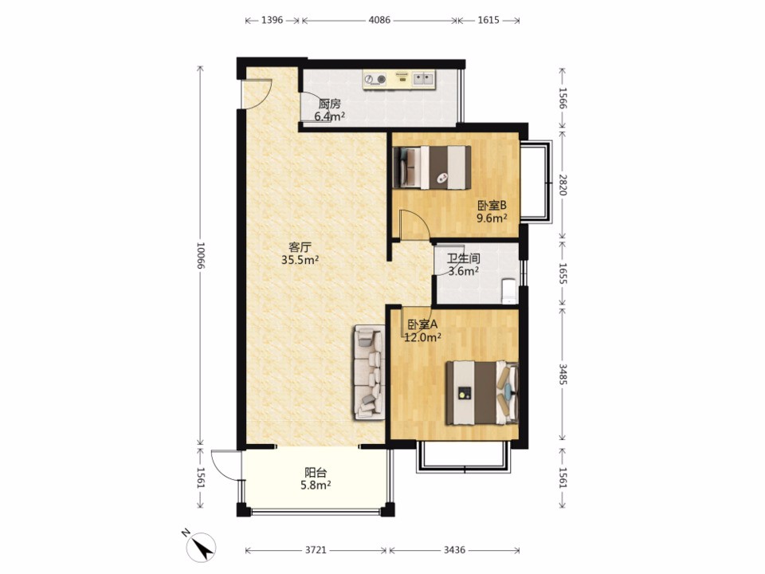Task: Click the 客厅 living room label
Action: click(300, 247)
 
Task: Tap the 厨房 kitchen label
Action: click(329, 104)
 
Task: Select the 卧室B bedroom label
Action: click(492, 206)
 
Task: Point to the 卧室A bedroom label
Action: click(422, 324)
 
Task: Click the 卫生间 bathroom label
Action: click(464, 258)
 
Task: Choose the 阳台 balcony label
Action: click(316, 473)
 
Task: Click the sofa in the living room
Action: click(369, 372)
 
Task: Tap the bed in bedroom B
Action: click(432, 167)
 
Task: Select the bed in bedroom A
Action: click(482, 392)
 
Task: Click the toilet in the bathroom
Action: click(509, 289)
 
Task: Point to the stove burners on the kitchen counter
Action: click(375, 79)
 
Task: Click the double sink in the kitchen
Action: click(423, 79)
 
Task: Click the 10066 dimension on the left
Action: click(200, 255)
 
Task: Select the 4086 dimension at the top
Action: click(379, 20)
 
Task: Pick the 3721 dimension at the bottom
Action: click(316, 550)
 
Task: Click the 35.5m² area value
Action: click(300, 260)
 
